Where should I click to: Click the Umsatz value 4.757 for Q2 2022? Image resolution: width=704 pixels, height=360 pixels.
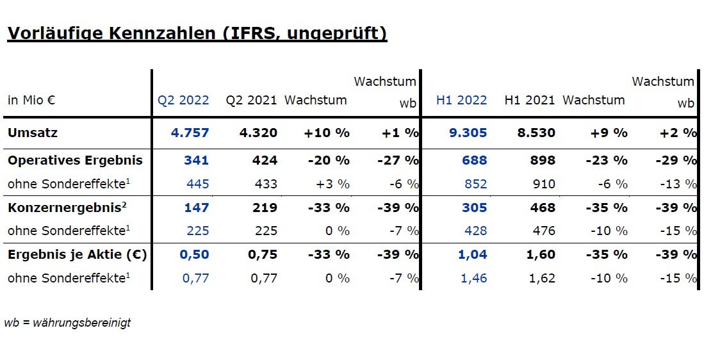(190, 133)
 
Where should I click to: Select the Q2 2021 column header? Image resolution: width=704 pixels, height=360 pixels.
(251, 101)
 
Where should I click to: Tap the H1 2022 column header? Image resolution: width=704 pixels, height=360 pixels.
(461, 101)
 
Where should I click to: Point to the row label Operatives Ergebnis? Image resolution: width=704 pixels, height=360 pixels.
(75, 160)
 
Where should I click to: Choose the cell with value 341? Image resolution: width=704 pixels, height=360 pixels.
(196, 160)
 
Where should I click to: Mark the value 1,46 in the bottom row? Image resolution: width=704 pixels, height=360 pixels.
(474, 279)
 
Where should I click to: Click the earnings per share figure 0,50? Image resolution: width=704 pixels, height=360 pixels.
(194, 255)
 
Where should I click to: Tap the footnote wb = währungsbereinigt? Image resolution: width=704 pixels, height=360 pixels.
(67, 323)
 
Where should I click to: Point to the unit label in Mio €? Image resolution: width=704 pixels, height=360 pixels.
(31, 101)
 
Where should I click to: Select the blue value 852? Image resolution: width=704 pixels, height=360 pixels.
(474, 184)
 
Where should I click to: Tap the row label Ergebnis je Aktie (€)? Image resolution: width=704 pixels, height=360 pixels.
(77, 255)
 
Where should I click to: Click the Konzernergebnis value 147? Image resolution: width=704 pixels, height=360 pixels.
(196, 208)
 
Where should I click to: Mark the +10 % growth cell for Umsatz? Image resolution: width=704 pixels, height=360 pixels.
(327, 133)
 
